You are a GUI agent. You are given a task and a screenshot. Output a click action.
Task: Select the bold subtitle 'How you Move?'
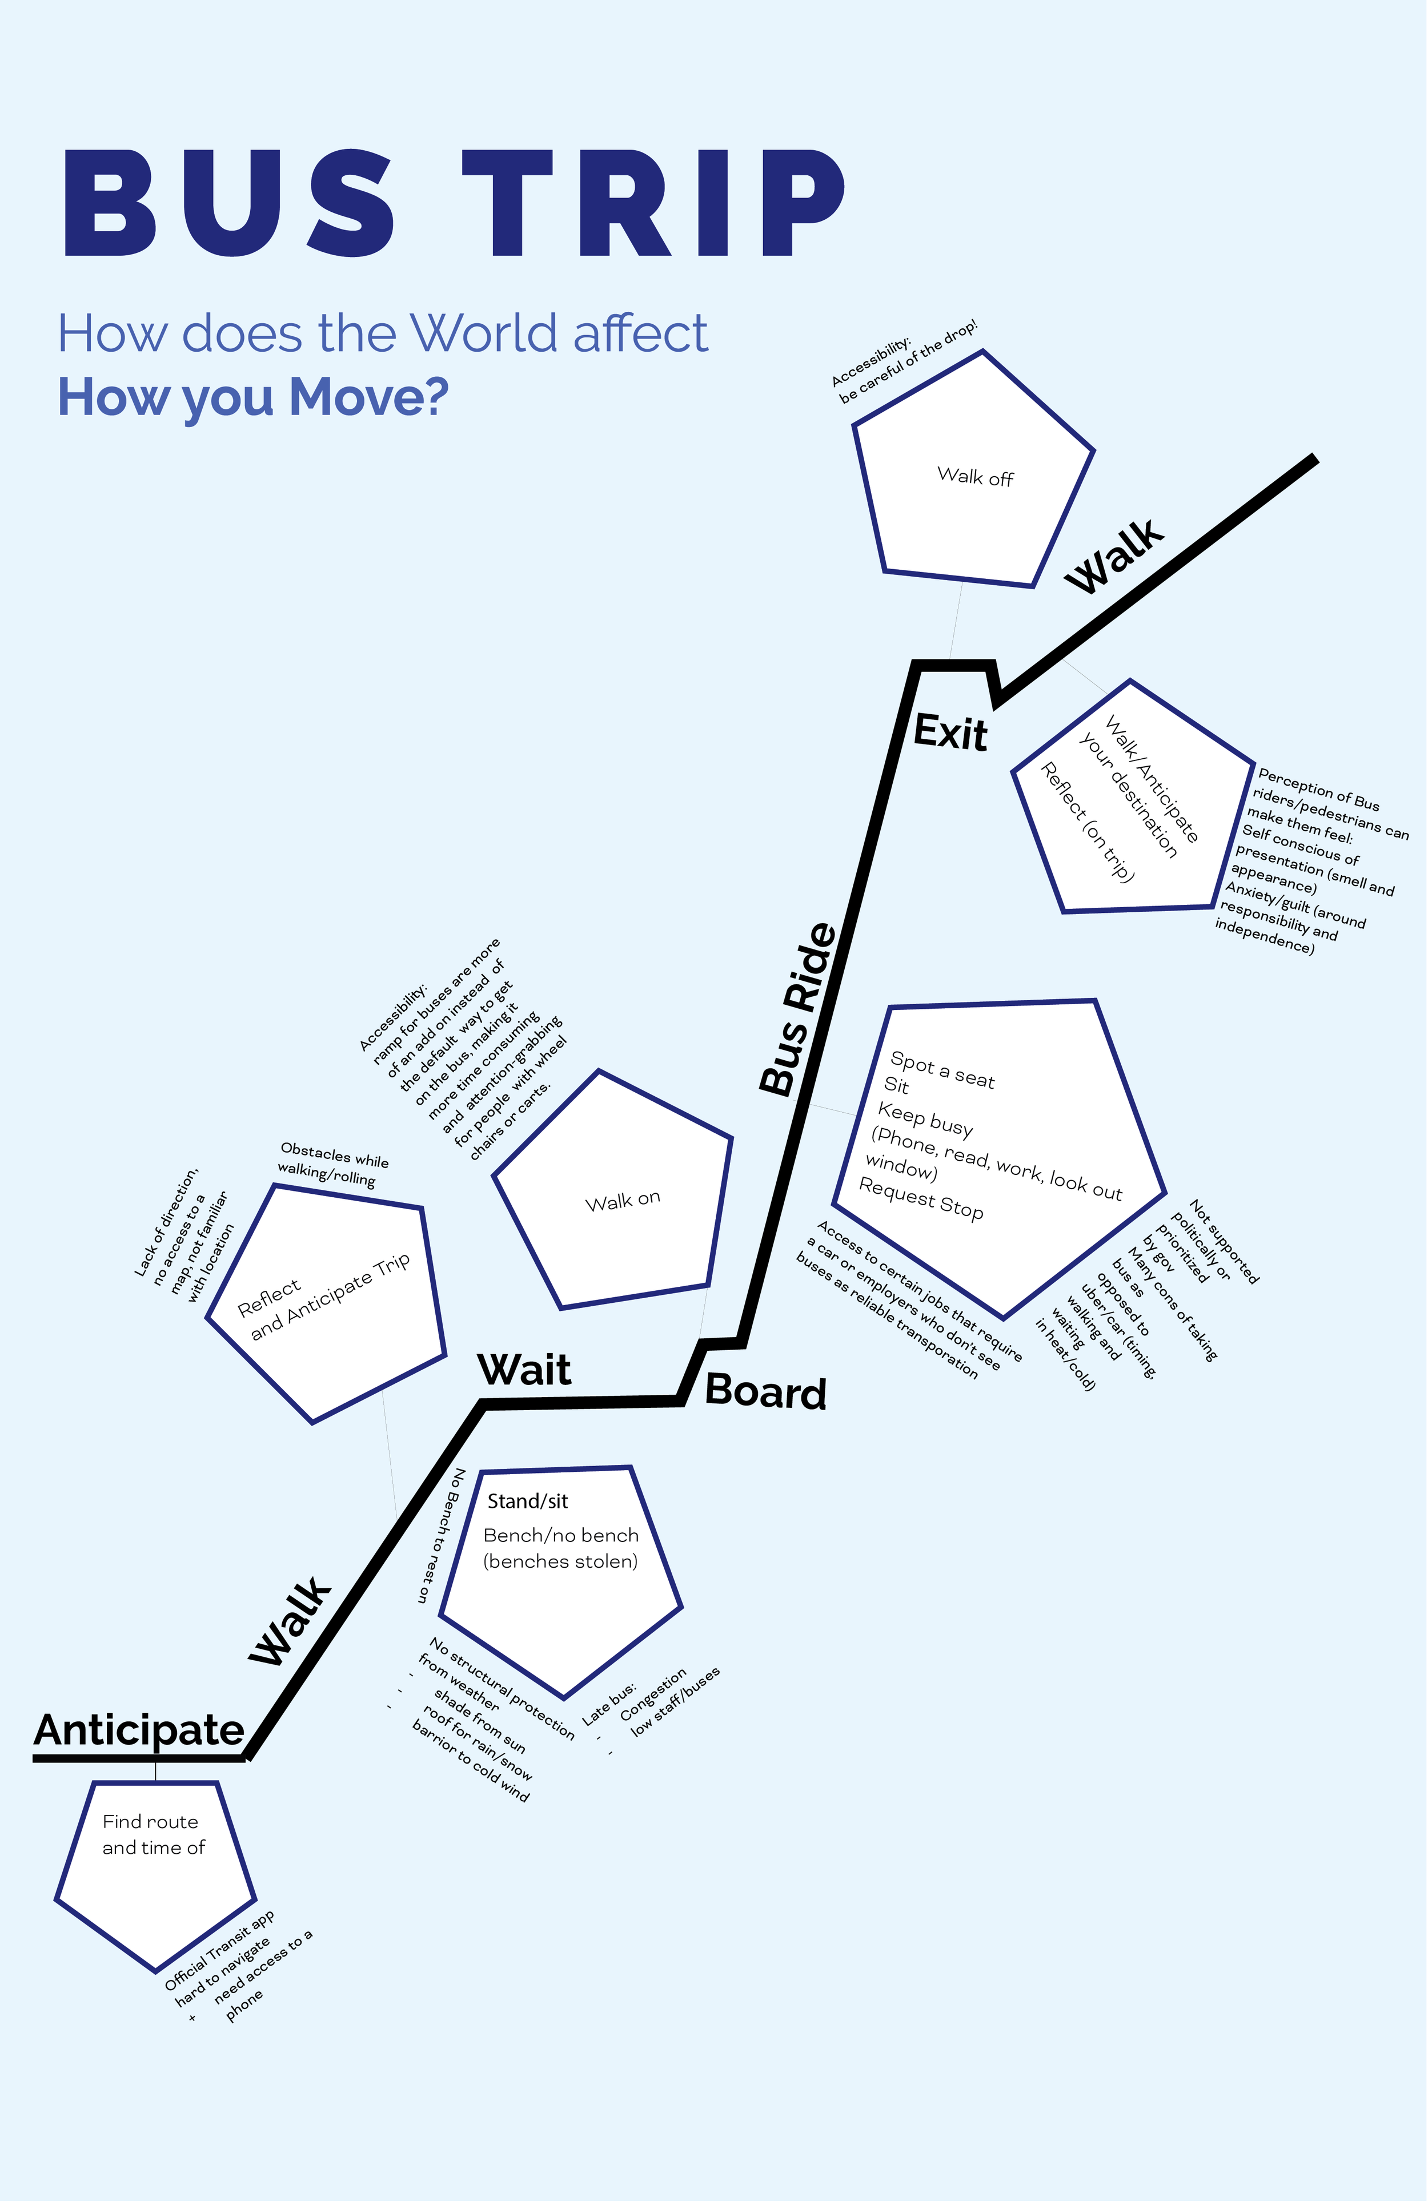253,397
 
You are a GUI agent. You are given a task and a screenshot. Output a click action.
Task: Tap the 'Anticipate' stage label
139,1730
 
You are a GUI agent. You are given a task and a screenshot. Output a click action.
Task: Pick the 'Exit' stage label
950,732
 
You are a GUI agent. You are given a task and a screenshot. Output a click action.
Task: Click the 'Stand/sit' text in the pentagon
528,1500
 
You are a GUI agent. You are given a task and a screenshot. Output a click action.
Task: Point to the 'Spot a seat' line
942,1070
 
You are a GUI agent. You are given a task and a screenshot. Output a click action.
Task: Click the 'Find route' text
150,1821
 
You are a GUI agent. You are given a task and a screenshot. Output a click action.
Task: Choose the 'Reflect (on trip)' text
1087,821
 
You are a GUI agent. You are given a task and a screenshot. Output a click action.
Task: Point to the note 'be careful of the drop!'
909,363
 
